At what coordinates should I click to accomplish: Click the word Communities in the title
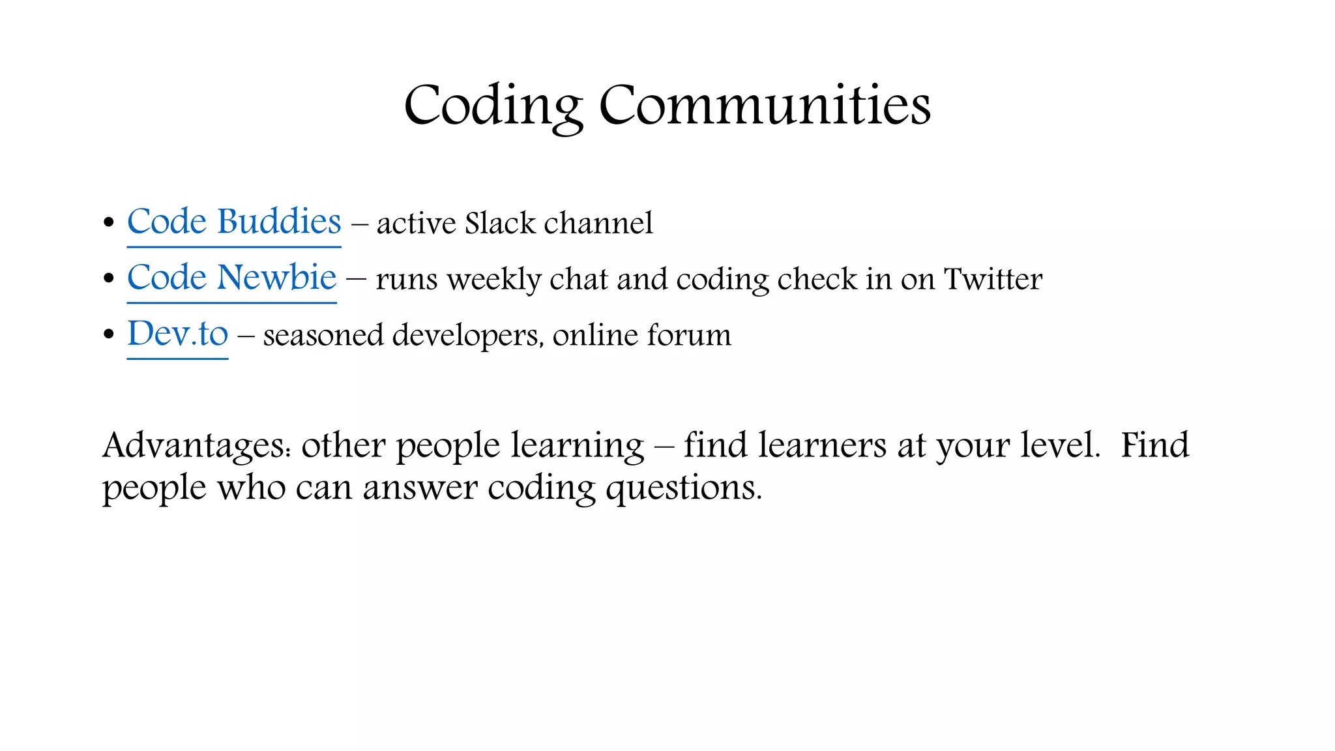point(765,106)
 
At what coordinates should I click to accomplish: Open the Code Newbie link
point(231,278)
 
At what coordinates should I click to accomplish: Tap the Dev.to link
point(177,334)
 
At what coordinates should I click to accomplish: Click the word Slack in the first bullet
point(500,223)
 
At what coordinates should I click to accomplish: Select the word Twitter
point(993,279)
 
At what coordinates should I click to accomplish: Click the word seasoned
point(323,336)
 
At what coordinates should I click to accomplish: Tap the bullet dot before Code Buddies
point(109,223)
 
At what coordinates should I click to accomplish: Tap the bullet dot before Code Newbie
point(109,279)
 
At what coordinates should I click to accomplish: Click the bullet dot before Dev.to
point(109,335)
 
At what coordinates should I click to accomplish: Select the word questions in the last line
point(683,489)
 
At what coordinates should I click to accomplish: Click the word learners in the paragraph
point(822,446)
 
